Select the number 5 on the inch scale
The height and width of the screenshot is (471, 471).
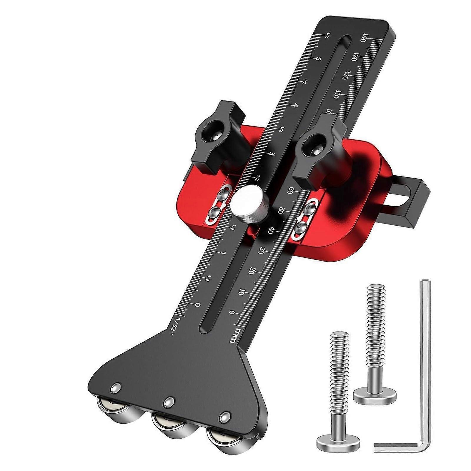point(318,59)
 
